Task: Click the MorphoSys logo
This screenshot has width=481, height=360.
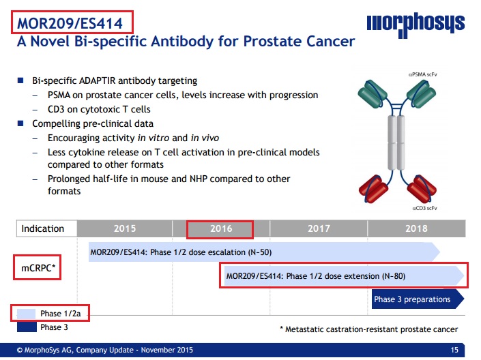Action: [416, 25]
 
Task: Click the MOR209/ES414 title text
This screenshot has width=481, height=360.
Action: [70, 23]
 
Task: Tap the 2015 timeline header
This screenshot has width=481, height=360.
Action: [125, 228]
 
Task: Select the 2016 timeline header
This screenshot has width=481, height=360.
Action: [221, 228]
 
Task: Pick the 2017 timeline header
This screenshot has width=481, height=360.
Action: [319, 228]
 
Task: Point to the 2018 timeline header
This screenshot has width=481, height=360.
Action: [416, 228]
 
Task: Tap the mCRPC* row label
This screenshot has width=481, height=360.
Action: [38, 268]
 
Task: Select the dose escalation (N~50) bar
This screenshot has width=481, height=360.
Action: [264, 252]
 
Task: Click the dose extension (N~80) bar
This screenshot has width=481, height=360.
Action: [344, 276]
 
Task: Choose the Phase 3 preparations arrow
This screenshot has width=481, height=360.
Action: [418, 299]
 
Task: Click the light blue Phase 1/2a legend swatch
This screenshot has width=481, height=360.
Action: [27, 314]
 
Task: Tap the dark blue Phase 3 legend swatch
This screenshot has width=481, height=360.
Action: [27, 327]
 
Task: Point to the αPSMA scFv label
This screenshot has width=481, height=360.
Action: [423, 74]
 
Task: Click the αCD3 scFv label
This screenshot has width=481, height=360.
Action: [424, 208]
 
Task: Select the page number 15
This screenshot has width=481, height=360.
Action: [454, 350]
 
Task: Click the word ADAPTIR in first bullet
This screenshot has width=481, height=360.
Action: [98, 80]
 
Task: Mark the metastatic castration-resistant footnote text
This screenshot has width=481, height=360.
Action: [368, 329]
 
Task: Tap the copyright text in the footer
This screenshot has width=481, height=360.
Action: [105, 350]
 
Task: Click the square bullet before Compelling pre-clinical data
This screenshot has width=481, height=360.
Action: [20, 123]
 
